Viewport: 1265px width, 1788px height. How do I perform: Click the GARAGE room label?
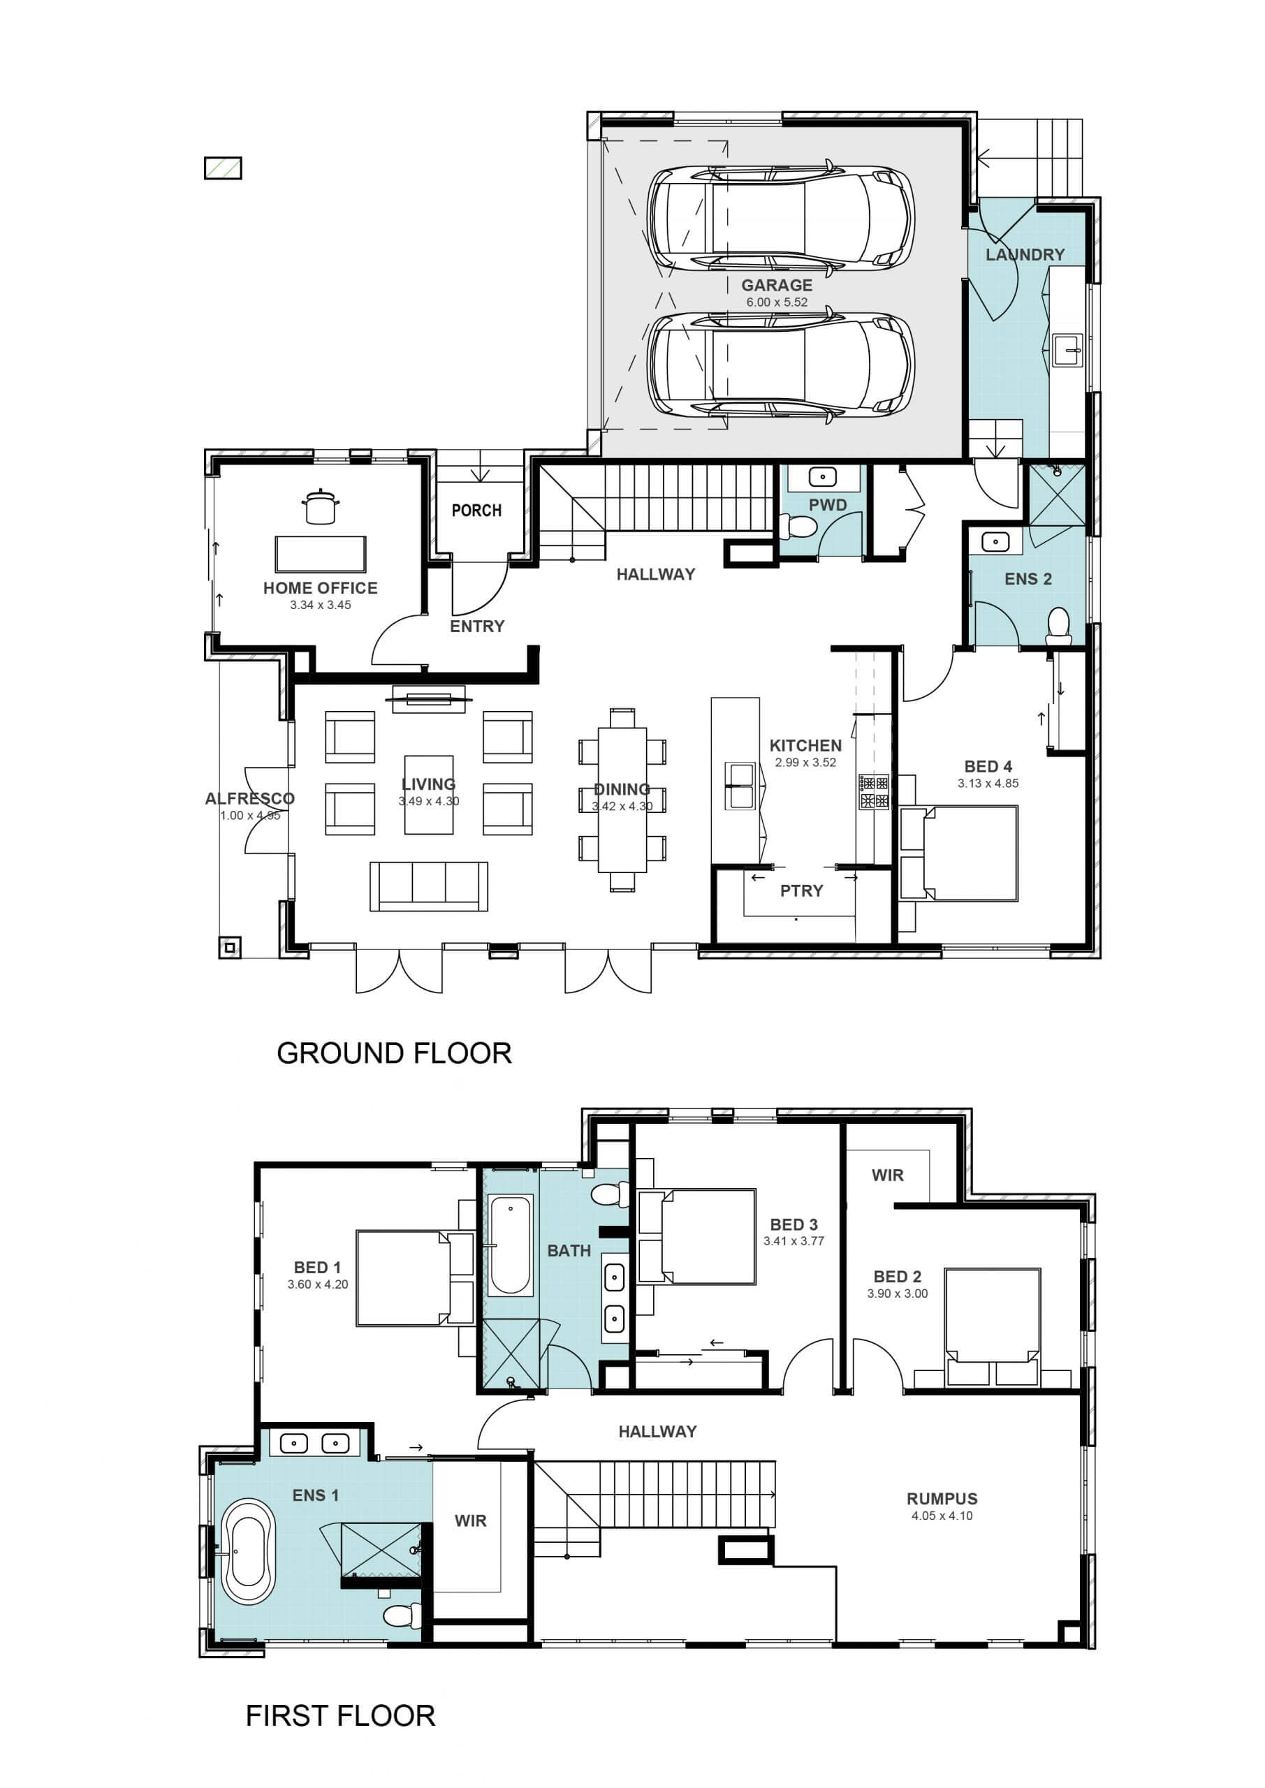click(x=777, y=285)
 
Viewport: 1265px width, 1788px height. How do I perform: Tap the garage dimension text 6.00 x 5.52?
click(x=777, y=302)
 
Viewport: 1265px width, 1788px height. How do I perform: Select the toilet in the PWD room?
click(x=798, y=528)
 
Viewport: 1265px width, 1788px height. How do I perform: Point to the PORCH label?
click(x=476, y=510)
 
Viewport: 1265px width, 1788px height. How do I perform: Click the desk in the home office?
click(x=320, y=555)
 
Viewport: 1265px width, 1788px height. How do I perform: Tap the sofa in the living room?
click(x=428, y=886)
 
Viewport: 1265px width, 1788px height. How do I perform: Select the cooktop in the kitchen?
click(x=874, y=792)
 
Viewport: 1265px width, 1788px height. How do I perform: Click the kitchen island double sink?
click(x=740, y=786)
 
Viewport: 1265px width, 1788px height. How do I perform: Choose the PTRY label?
click(x=801, y=891)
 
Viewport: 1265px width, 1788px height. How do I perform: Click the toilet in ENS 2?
click(x=1058, y=626)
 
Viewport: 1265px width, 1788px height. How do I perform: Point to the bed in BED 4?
click(x=959, y=853)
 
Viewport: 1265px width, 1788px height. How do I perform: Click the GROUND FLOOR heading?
click(x=394, y=1054)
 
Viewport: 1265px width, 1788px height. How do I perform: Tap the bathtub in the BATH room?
click(x=511, y=1246)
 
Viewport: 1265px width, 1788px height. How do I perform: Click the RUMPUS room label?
click(x=942, y=1499)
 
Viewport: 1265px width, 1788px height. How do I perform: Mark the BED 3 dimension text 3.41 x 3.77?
click(x=794, y=1241)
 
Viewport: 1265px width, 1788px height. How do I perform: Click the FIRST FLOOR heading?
click(x=340, y=1716)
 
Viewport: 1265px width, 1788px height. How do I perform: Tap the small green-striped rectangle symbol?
click(x=223, y=168)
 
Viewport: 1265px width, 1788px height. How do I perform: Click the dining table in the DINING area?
click(x=622, y=800)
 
